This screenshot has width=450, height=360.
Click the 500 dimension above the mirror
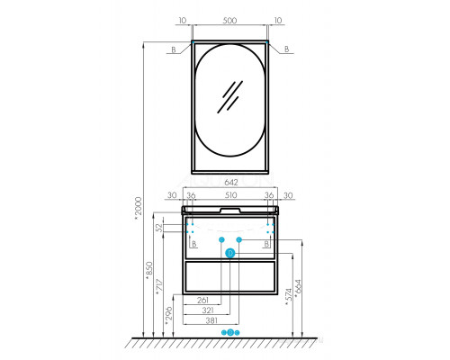point(229,21)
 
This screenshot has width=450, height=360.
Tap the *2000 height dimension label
point(138,208)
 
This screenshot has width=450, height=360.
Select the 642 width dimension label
point(230,182)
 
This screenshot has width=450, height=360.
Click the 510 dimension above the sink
point(230,195)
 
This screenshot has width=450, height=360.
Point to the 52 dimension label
point(160,228)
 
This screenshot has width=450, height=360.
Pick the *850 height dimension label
point(149,271)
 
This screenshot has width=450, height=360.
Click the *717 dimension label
point(159,287)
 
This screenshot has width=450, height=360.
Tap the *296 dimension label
point(169,316)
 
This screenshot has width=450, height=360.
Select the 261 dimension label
point(202,300)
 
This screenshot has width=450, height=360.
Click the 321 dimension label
point(208,310)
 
